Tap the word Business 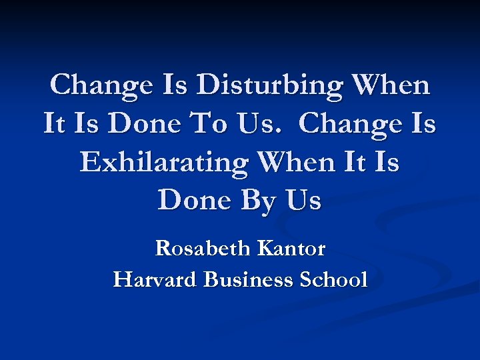point(247,279)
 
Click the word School point(334,279)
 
